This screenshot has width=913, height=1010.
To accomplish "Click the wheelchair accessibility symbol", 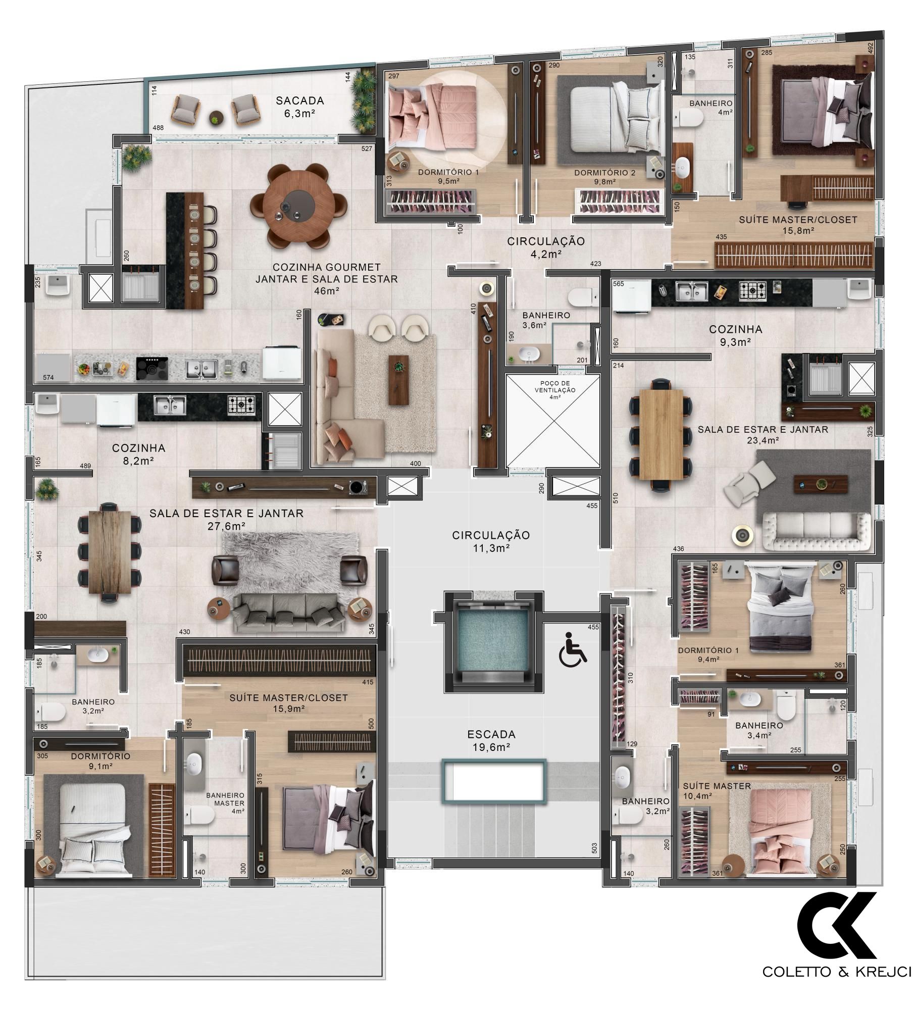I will point(573,649).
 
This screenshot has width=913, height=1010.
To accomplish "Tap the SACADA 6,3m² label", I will point(299,107).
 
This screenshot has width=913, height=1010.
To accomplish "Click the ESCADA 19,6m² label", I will point(491,740).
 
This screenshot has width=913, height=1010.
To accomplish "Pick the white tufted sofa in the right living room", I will point(817,531).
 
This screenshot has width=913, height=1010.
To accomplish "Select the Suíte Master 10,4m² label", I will point(717,791).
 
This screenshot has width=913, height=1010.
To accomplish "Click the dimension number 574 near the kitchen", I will point(48,377).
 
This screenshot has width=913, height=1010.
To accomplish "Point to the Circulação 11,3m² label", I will point(491,541).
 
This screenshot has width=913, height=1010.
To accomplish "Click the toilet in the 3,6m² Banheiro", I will point(582,297).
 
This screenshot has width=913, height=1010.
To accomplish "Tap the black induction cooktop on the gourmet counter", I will point(152,368).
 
